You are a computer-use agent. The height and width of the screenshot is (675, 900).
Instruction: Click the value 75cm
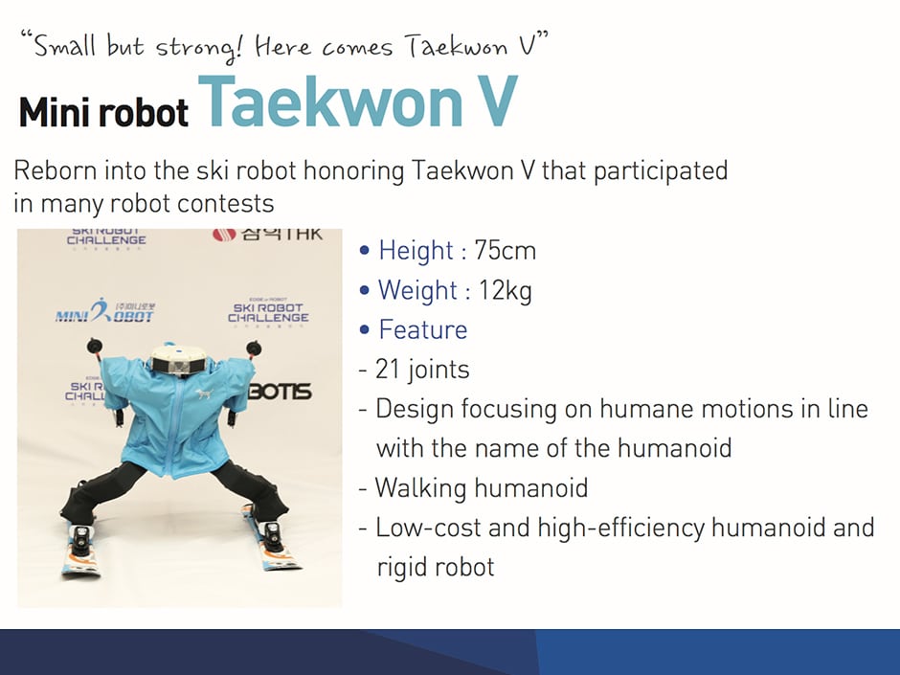(506, 250)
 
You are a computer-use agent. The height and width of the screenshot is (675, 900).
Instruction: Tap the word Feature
(423, 329)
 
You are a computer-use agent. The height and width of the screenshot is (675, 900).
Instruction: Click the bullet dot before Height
(364, 251)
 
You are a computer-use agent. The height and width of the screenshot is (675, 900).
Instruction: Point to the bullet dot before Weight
(364, 290)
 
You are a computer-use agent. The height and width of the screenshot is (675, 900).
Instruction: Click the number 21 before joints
(388, 369)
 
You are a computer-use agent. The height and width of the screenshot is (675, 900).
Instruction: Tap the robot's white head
(178, 358)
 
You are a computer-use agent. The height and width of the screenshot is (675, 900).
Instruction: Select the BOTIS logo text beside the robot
(281, 392)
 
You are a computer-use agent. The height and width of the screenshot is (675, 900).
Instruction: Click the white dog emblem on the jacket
(204, 394)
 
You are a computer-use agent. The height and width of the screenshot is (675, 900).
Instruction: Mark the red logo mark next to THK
(224, 235)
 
